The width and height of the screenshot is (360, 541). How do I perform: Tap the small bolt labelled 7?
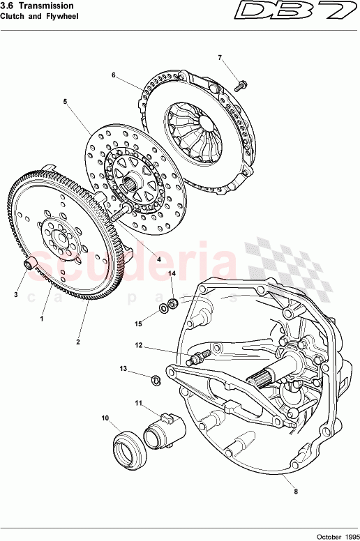pos(241,86)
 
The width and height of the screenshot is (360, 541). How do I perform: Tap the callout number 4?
pos(159,259)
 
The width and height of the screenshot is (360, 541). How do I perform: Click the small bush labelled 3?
pos(30,263)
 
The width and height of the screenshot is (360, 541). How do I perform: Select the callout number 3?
pos(16,295)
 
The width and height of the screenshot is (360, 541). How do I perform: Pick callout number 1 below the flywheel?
pos(42,318)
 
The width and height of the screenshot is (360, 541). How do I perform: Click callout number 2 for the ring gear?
pos(78,342)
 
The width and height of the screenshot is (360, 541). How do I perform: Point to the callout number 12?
pos(139,345)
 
